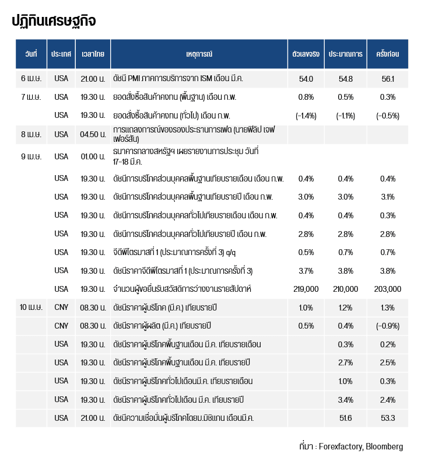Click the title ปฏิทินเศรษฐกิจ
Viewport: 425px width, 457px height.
pos(54,21)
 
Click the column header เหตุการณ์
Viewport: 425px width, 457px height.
pos(199,54)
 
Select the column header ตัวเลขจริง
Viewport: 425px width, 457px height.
pos(306,54)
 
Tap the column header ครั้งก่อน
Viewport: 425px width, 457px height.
pos(388,54)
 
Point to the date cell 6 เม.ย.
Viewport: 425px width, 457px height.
pos(31,79)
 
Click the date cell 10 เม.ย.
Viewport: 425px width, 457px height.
pos(31,307)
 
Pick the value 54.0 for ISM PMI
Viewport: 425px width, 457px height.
pos(306,79)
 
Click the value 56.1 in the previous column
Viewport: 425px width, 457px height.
pos(388,79)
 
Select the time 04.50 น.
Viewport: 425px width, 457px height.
pos(93,134)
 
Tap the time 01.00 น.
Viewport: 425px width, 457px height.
pos(93,156)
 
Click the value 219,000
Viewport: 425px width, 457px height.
pos(306,289)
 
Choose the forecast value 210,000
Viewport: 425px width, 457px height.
pos(346,289)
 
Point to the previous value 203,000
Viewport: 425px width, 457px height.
pos(388,289)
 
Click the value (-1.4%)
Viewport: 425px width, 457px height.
pos(306,116)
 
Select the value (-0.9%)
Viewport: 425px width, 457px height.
pos(388,326)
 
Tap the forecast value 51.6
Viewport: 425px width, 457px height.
pos(346,418)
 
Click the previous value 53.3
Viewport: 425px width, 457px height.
pos(388,418)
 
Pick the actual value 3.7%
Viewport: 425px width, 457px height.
pos(306,271)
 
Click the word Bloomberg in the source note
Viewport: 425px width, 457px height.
pos(384,446)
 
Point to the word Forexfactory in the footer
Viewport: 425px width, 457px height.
pos(341,446)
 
